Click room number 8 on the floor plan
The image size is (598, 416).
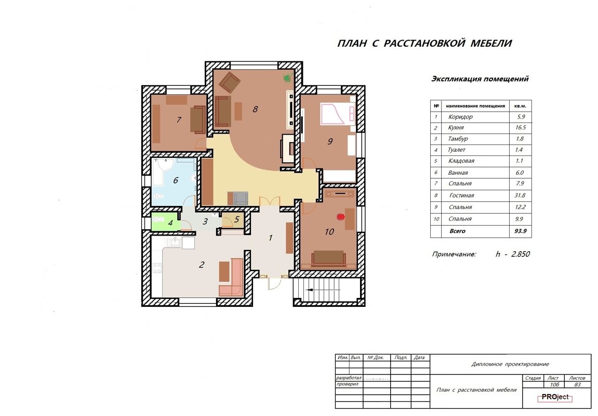click(255, 109)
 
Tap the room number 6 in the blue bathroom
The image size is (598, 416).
click(176, 180)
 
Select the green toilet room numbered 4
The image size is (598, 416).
click(166, 222)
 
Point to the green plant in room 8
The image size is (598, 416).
click(288, 78)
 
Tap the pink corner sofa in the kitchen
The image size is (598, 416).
click(231, 278)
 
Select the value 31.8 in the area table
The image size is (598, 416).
click(520, 196)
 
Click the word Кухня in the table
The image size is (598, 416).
click(456, 127)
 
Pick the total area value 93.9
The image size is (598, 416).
click(520, 231)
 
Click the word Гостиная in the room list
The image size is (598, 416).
click(461, 196)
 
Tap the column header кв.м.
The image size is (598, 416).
click(520, 106)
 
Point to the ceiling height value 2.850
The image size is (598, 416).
click(521, 254)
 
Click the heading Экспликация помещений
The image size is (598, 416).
click(480, 79)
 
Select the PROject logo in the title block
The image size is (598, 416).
click(555, 397)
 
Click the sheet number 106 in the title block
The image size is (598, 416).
click(554, 385)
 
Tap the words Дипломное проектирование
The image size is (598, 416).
click(510, 364)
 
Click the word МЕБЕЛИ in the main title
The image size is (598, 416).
click(491, 43)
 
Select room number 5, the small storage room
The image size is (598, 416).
click(237, 220)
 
